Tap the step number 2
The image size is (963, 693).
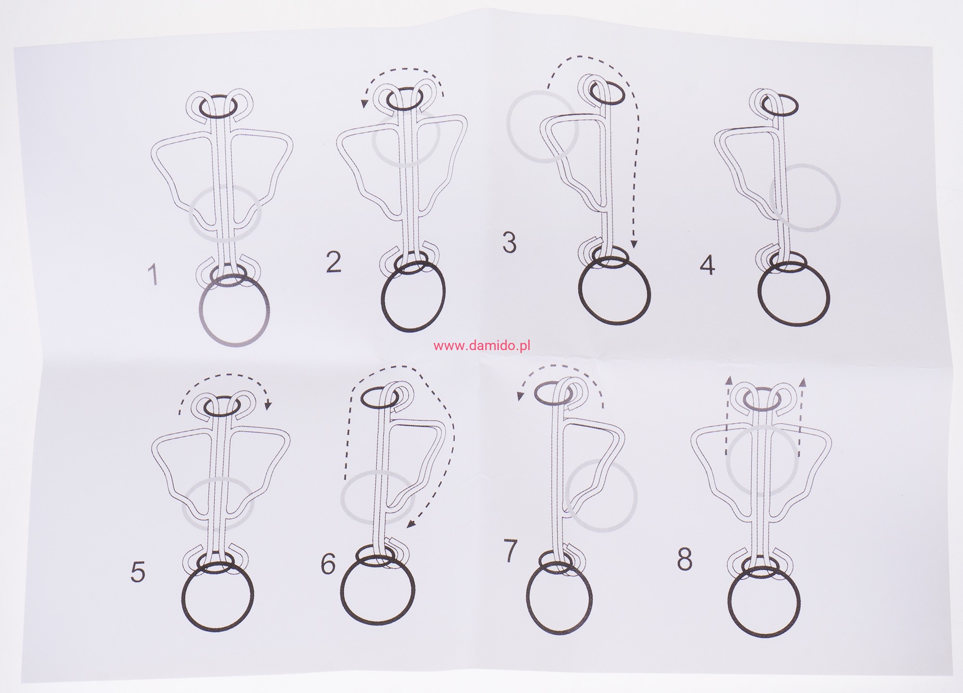[334, 262]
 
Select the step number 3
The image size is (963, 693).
[509, 243]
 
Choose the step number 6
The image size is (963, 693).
[328, 563]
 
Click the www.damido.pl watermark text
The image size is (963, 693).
[481, 346]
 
